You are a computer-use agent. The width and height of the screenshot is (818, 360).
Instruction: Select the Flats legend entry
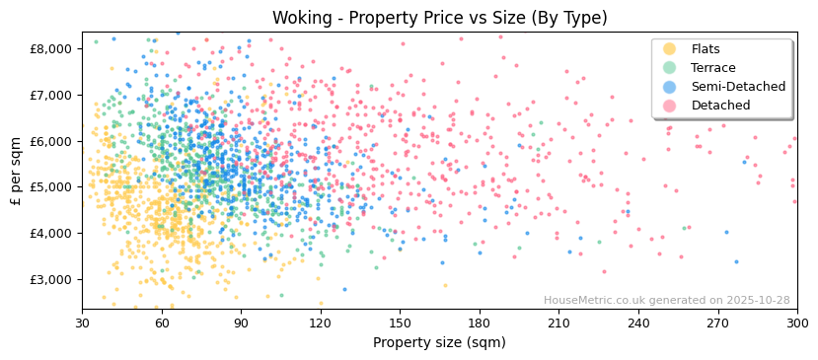click(705, 49)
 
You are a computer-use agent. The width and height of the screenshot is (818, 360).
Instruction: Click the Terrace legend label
click(712, 68)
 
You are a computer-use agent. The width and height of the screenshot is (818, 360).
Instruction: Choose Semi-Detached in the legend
click(731, 87)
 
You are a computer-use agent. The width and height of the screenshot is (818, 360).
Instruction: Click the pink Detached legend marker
click(670, 106)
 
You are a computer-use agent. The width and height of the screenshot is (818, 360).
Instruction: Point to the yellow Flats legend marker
click(670, 49)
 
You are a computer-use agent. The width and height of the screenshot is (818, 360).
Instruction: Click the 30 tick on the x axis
click(82, 323)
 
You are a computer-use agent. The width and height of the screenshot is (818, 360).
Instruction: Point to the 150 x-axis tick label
click(400, 323)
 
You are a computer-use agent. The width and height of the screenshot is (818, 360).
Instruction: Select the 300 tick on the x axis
click(796, 323)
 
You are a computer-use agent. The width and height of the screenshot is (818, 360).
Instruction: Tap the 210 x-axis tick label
click(558, 323)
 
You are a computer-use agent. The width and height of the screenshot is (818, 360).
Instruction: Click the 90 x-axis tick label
click(241, 323)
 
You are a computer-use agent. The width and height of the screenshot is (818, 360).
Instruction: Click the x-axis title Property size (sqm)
click(439, 343)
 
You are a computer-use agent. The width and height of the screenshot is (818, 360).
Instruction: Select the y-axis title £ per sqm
click(16, 171)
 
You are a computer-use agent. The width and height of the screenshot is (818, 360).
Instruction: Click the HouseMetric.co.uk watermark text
click(666, 301)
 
